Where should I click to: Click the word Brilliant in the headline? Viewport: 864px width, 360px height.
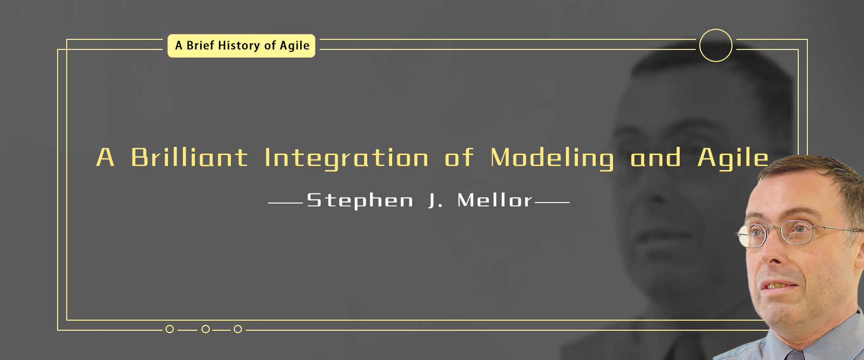pyautogui.click(x=189, y=157)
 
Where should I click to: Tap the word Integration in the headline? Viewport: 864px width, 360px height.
pyautogui.click(x=346, y=159)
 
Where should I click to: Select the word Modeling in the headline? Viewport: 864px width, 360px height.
pyautogui.click(x=552, y=159)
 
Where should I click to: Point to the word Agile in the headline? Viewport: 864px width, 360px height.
pyautogui.click(x=733, y=159)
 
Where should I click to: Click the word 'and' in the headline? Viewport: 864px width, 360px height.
pyautogui.click(x=655, y=157)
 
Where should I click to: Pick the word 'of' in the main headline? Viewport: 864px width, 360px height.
pyautogui.click(x=459, y=157)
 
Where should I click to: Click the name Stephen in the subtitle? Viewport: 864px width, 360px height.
pyautogui.click(x=360, y=201)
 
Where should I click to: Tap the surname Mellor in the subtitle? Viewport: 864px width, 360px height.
pyautogui.click(x=494, y=200)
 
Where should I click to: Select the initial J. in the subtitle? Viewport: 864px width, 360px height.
pyautogui.click(x=435, y=200)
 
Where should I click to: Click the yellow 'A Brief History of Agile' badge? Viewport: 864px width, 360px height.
pyautogui.click(x=241, y=46)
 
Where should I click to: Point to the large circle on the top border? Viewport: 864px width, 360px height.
pyautogui.click(x=716, y=30)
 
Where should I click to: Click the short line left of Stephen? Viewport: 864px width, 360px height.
pyautogui.click(x=285, y=203)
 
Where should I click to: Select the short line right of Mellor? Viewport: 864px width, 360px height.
pyautogui.click(x=552, y=203)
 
